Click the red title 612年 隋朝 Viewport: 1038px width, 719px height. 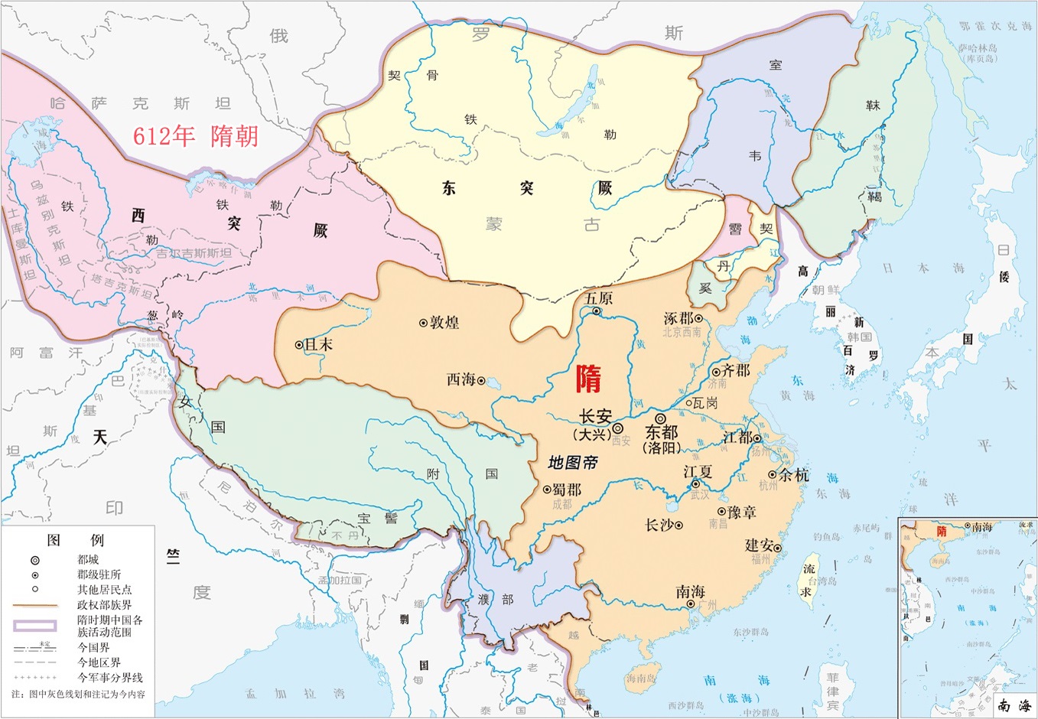197,135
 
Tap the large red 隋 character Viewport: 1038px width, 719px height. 588,379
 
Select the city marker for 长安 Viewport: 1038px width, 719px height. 617,429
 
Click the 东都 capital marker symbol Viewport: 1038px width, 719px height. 660,418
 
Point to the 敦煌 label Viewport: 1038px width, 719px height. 444,323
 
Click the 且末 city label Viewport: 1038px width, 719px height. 318,345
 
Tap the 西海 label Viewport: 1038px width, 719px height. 461,379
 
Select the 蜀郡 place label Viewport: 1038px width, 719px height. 567,489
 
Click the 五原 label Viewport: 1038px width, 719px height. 598,298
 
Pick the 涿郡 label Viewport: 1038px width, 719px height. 678,318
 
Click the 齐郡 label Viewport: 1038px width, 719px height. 736,370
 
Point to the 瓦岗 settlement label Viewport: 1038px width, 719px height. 704,402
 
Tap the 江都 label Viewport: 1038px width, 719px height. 737,438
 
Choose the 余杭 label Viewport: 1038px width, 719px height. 794,474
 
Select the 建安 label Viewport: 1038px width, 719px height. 760,545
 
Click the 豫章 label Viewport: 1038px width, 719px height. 741,512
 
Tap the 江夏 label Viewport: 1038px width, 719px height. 698,472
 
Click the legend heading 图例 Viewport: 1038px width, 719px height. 75,540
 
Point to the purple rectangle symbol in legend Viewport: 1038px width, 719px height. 34,625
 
